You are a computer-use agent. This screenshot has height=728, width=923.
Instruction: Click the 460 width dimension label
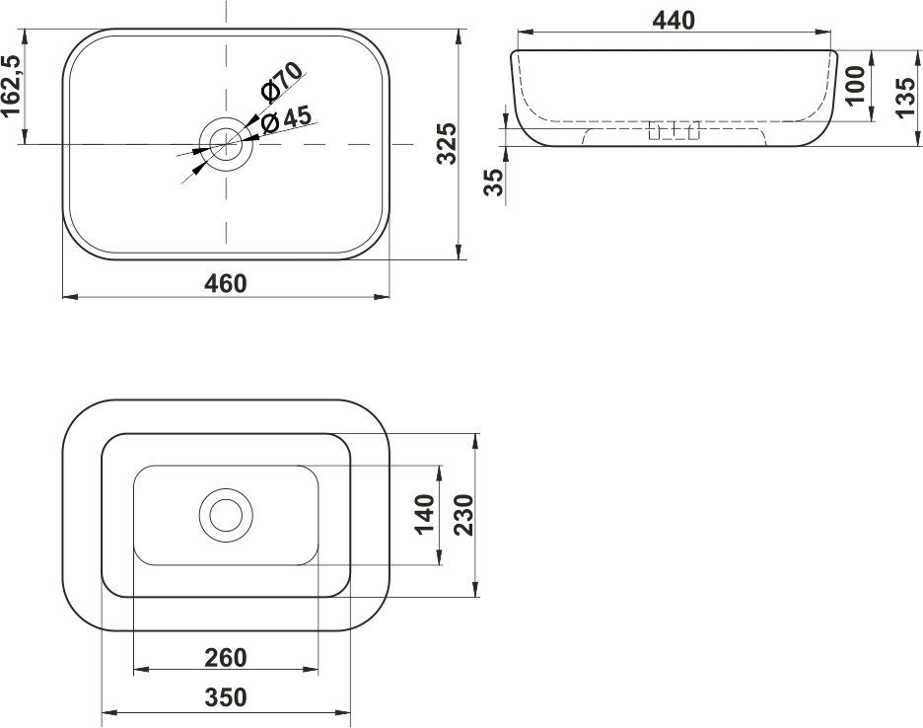[x=226, y=283]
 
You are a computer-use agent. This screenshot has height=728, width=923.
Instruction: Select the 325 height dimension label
[x=447, y=143]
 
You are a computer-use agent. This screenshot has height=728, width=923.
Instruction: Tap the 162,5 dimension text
[x=12, y=86]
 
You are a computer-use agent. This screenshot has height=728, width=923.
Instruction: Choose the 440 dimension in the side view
[x=674, y=20]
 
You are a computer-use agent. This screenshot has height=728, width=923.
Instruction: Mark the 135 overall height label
[x=906, y=96]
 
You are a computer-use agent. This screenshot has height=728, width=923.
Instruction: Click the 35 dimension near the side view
[x=494, y=182]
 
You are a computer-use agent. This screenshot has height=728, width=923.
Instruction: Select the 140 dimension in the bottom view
[x=426, y=514]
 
